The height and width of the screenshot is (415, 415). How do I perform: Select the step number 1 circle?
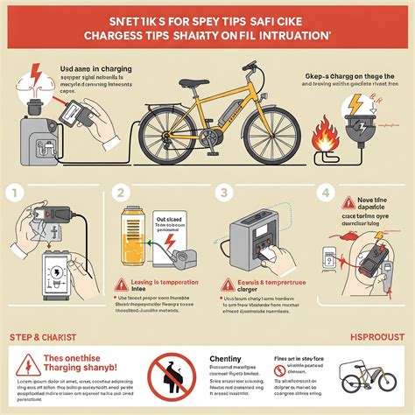pyautogui.click(x=11, y=193)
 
